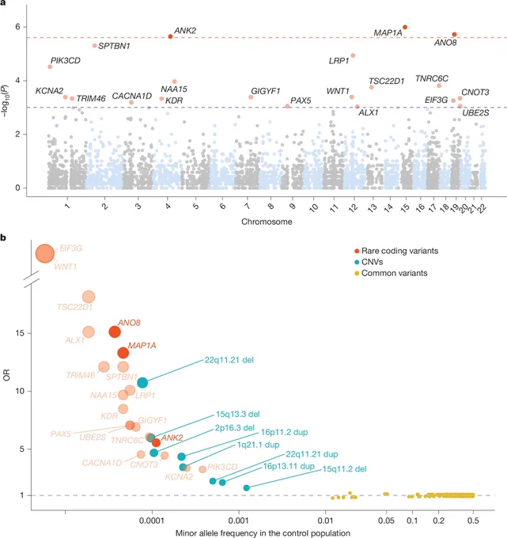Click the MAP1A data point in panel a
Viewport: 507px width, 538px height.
point(405,27)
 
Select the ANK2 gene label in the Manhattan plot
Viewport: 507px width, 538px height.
point(185,31)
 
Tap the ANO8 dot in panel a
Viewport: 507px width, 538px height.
point(454,34)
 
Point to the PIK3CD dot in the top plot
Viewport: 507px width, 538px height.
point(50,66)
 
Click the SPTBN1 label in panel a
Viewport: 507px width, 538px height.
point(114,46)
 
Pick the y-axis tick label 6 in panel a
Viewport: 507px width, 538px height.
point(17,27)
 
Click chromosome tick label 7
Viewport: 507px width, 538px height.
point(247,206)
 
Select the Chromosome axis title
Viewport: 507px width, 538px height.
point(267,222)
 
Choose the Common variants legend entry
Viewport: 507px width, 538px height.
point(391,274)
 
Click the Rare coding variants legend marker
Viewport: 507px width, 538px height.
point(357,251)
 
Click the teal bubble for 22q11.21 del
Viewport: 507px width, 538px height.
point(142,383)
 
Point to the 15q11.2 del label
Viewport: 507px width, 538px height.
point(344,468)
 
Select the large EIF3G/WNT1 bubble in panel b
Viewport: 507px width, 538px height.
point(45,253)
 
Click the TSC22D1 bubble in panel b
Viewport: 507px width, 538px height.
point(89,297)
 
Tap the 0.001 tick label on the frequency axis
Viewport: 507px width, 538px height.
point(239,521)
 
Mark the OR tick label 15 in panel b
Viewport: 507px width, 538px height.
point(20,333)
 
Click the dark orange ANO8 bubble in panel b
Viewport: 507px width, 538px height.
point(115,332)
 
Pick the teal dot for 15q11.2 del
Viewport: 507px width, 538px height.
point(246,488)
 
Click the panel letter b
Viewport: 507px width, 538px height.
point(3,237)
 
